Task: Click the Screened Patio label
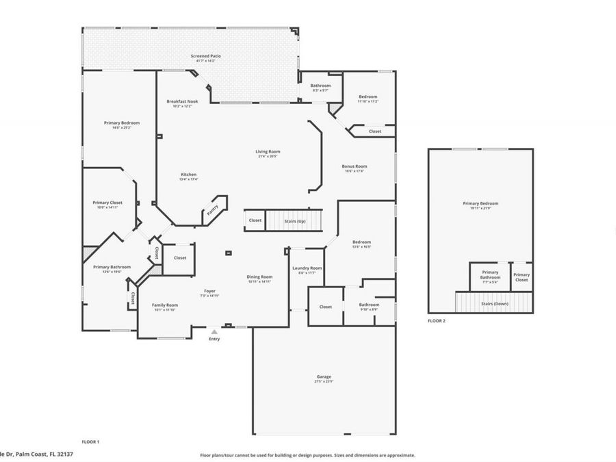[x=205, y=56]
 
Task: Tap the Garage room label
[x=324, y=377]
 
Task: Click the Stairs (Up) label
[x=294, y=221]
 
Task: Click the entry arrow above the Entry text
[x=214, y=331]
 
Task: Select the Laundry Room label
[x=307, y=268]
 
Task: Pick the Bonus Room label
[x=355, y=166]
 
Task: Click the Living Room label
[x=269, y=152]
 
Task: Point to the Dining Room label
[x=259, y=277]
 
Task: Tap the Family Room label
[x=165, y=305]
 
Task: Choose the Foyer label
[x=209, y=292]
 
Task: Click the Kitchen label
[x=188, y=175]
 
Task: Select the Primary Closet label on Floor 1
[x=107, y=203]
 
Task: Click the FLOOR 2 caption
[x=436, y=320]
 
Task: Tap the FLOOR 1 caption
[x=90, y=442]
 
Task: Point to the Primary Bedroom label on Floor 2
[x=480, y=203]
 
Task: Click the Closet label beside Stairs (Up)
[x=255, y=220]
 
